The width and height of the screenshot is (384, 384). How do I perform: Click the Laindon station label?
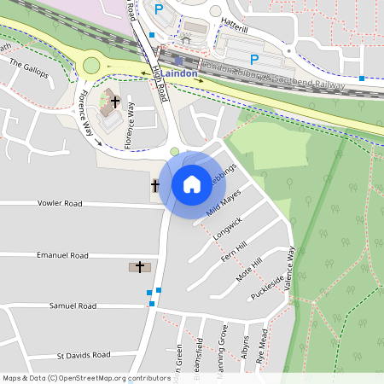point(180,73)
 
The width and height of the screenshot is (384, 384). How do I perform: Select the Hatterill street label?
point(235,27)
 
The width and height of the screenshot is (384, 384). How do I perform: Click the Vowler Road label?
point(60,204)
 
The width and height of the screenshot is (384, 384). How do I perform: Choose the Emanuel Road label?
point(62,255)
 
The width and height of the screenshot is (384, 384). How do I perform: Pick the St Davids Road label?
point(84,354)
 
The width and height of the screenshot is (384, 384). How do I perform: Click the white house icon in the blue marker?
point(192,183)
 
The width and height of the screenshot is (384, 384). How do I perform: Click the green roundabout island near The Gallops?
point(90,66)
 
